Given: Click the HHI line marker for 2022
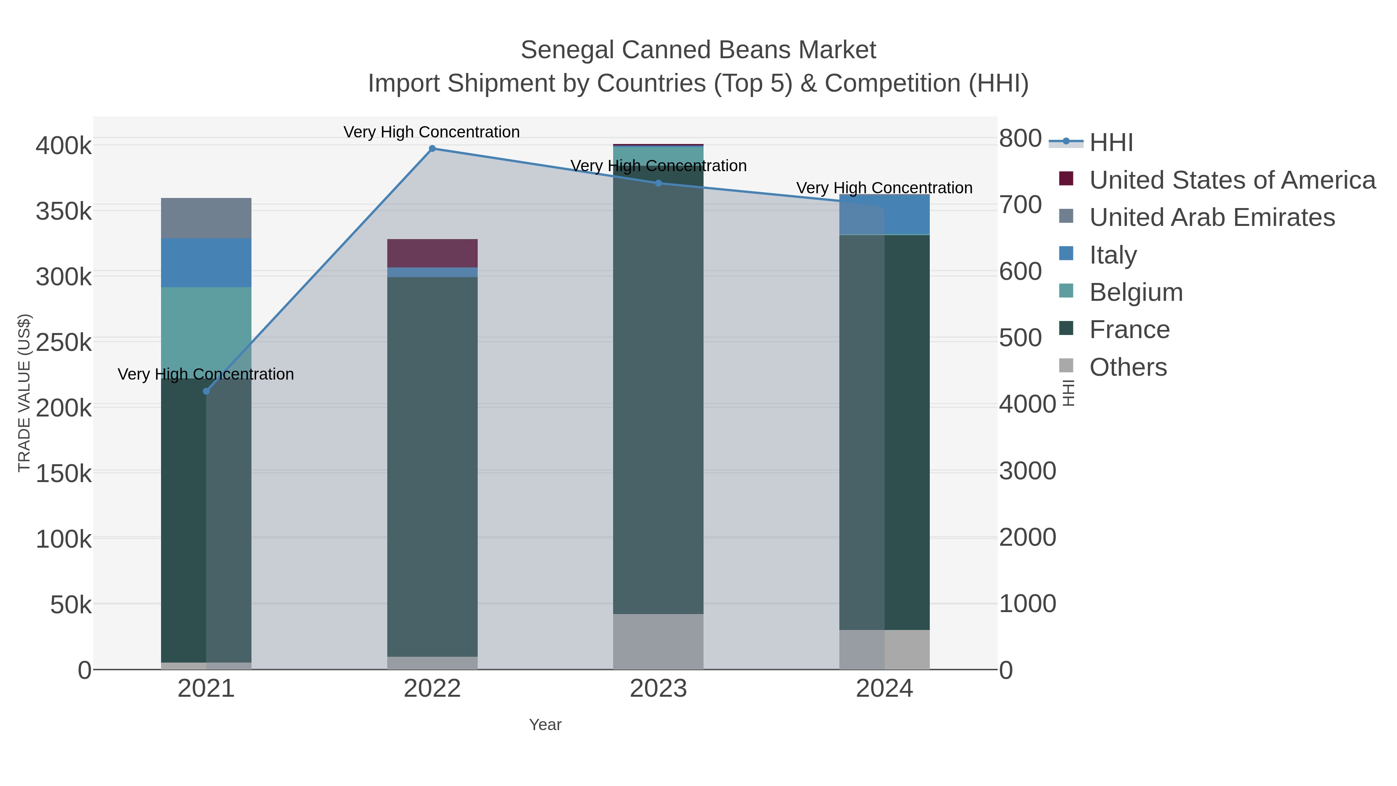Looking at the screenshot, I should (x=432, y=149).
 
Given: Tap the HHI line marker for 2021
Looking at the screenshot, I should (x=206, y=391).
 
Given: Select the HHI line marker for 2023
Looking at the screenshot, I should (x=659, y=183).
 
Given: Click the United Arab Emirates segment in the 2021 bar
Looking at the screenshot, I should (x=206, y=218).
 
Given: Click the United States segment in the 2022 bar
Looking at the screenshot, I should (x=432, y=253).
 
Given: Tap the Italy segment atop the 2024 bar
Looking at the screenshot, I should (x=907, y=214).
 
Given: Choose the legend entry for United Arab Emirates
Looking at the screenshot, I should (x=1212, y=217).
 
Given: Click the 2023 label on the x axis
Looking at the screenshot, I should (x=659, y=689).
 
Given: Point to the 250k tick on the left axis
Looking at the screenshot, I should (x=64, y=343).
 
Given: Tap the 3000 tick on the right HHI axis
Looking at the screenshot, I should (x=1027, y=471).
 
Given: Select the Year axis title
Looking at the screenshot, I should (x=545, y=725).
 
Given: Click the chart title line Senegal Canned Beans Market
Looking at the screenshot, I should (x=698, y=50).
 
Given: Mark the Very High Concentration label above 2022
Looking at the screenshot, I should (x=432, y=132).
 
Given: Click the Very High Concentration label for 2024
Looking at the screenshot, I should (x=884, y=188).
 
